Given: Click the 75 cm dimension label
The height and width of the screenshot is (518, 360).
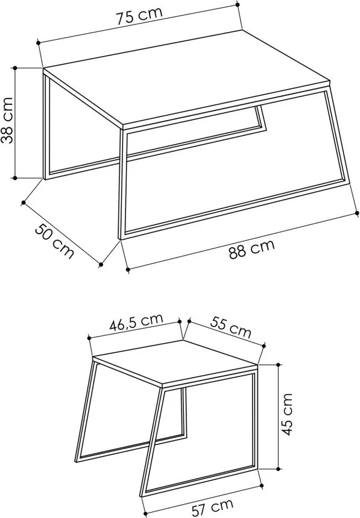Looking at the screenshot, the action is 139,16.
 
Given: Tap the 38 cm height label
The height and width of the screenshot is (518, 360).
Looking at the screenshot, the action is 7,120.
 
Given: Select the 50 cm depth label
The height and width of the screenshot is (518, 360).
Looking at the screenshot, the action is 54,241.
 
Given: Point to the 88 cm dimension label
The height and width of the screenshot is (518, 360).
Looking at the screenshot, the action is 251,249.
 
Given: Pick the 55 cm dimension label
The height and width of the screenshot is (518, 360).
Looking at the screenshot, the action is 231,327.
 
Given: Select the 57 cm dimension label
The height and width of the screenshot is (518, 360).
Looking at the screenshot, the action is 212,507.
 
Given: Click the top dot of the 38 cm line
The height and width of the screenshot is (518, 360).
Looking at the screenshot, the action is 15,68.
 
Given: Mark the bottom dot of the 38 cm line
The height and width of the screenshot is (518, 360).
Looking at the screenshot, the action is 15,178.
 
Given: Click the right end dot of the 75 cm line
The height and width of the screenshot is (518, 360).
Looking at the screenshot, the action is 237,5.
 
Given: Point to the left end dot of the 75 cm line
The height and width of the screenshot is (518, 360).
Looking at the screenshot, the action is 39,43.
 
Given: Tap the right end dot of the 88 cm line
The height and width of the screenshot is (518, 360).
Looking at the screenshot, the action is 357,213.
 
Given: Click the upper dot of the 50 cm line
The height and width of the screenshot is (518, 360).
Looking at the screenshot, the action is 24,203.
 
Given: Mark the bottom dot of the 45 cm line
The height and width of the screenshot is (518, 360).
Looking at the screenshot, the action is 279,469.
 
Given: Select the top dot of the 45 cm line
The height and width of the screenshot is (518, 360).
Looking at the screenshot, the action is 279,365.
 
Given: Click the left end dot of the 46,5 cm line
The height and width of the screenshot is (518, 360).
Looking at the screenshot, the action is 89,338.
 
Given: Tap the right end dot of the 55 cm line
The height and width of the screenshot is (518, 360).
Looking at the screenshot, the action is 264,346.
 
